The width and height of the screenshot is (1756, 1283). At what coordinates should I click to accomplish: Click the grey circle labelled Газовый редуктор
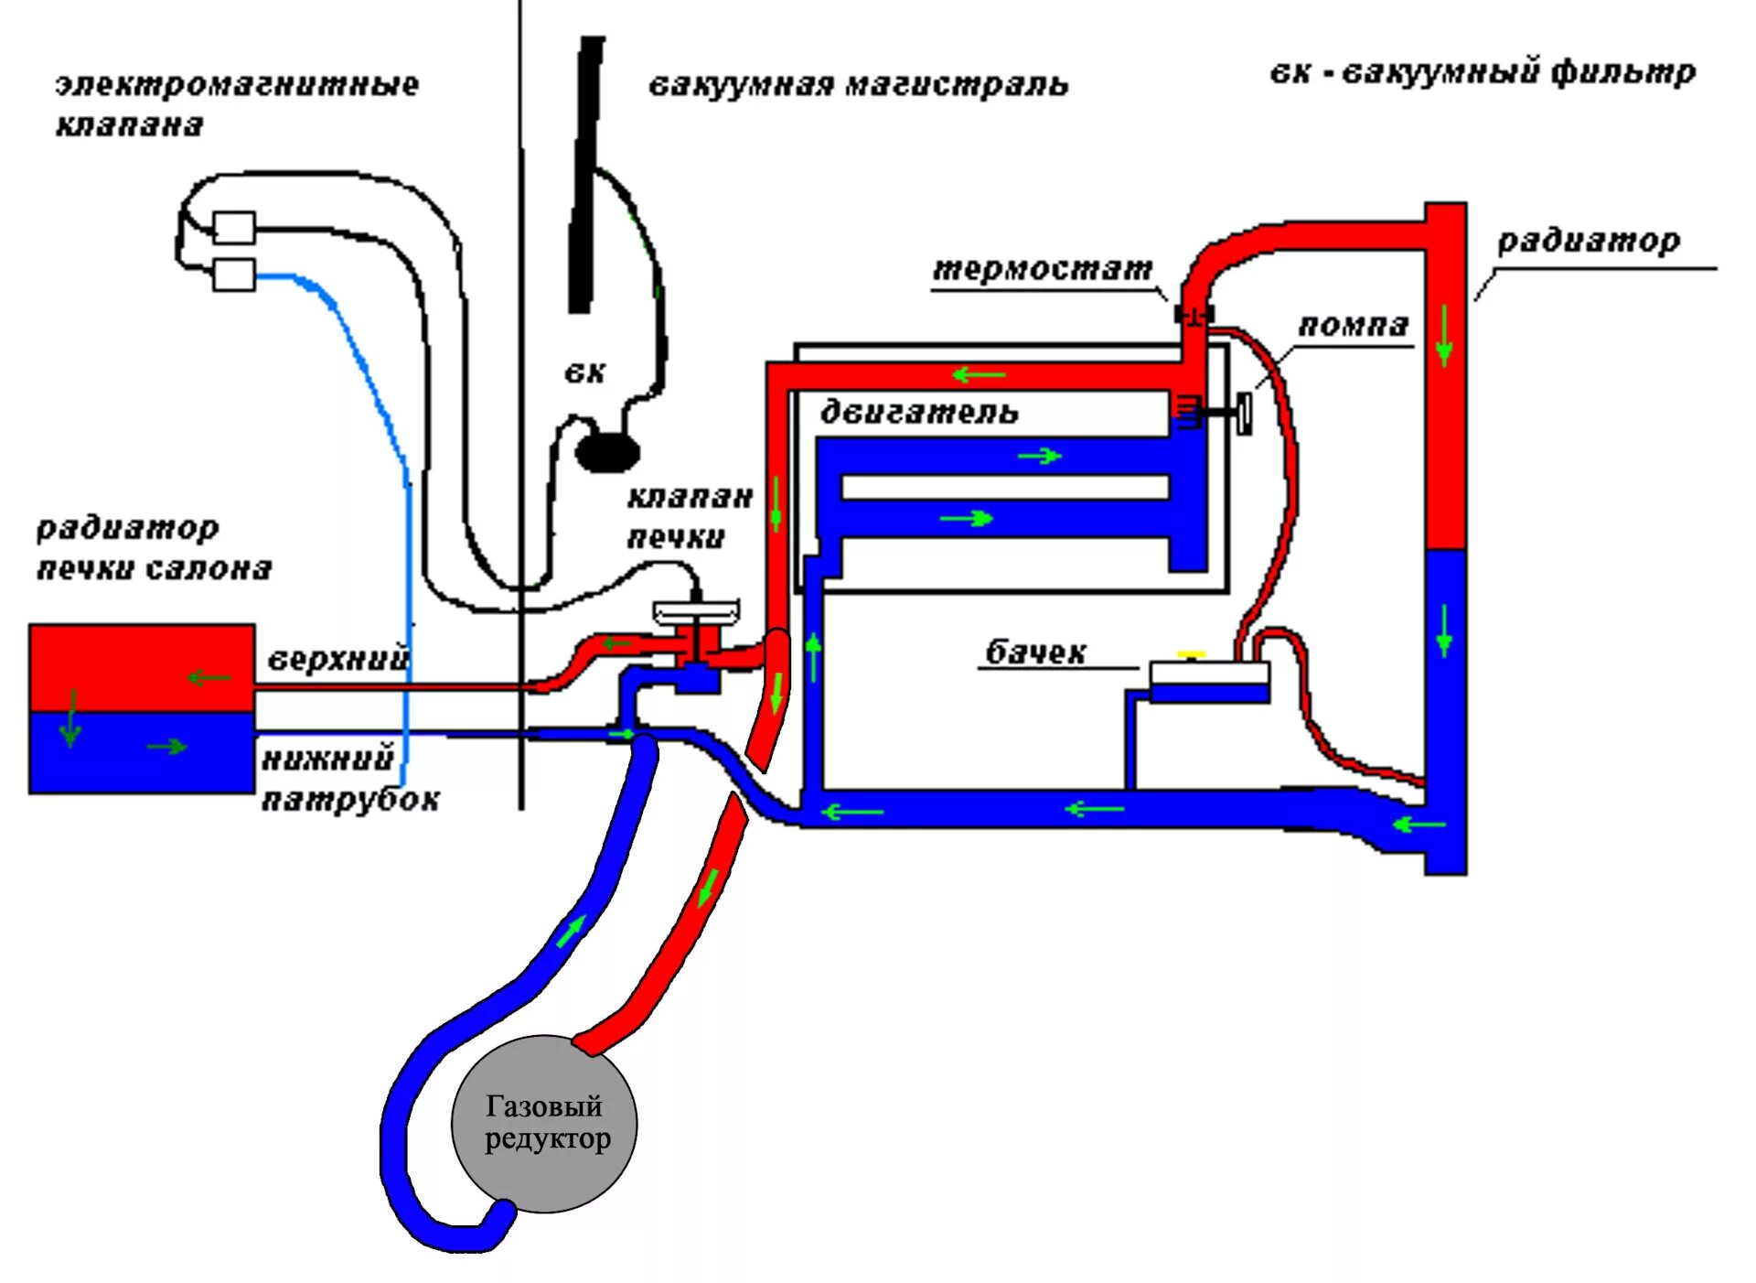tap(544, 1123)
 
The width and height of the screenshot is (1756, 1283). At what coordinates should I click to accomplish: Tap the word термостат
tap(1042, 269)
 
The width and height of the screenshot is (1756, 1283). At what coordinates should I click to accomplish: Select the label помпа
tap(1353, 325)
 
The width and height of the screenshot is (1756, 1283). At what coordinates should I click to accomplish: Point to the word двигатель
tap(918, 412)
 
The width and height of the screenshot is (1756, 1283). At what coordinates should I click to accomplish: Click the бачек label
tap(1035, 652)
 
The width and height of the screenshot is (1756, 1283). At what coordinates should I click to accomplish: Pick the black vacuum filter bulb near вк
tap(607, 451)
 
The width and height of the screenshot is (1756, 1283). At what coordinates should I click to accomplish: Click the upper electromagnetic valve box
tap(234, 227)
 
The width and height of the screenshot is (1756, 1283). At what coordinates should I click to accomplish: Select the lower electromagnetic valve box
tap(234, 275)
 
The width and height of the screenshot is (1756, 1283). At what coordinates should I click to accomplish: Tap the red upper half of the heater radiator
tap(142, 667)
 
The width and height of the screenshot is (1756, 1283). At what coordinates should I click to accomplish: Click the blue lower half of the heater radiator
tap(142, 752)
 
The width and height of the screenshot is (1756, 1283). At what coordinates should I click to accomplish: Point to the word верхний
tap(337, 659)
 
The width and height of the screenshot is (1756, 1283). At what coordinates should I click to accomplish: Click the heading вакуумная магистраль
tap(858, 85)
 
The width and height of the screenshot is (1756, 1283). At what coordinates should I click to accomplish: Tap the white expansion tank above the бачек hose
tap(1209, 674)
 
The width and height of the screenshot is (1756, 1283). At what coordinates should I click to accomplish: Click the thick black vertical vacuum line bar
tap(585, 174)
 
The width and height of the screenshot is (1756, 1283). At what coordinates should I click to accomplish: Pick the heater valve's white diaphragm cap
tap(697, 611)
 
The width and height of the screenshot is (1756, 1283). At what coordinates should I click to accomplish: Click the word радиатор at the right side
tap(1589, 241)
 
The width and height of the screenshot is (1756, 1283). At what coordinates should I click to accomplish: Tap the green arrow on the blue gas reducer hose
tap(571, 932)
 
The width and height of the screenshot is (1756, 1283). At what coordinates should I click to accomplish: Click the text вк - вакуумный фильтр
tap(1483, 72)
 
